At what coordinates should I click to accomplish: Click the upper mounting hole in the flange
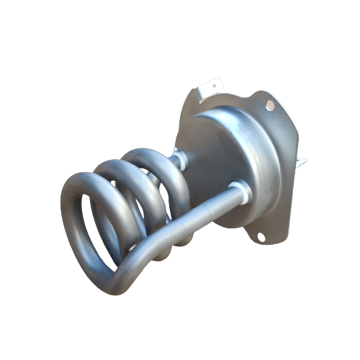point(270,106)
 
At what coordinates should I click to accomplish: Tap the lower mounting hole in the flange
point(261,235)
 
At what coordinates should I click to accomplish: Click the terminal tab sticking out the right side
point(304,161)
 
